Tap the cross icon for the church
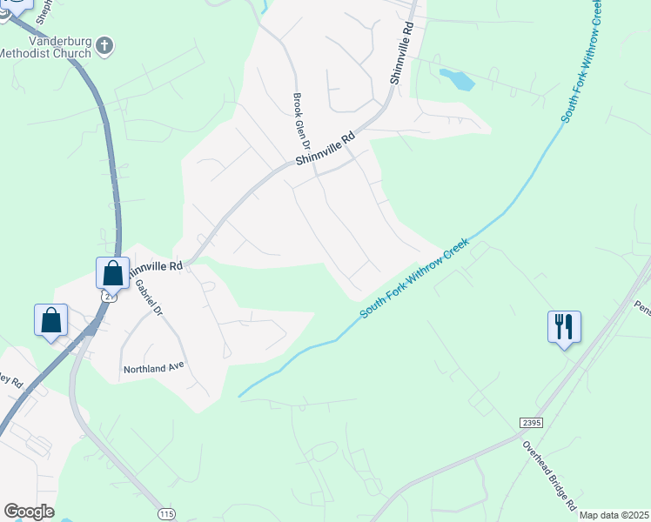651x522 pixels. (x=104, y=45)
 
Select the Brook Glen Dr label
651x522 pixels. (x=300, y=121)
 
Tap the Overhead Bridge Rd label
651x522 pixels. (x=550, y=474)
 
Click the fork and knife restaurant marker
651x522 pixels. (x=563, y=327)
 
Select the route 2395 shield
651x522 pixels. (x=530, y=422)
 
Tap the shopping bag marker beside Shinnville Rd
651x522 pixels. (x=113, y=272)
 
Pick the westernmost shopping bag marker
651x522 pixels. (x=51, y=319)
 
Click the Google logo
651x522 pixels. (x=29, y=512)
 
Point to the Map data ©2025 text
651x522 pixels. (x=614, y=515)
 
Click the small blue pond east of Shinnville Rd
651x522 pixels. (x=457, y=79)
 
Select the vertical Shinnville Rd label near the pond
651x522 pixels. (x=401, y=55)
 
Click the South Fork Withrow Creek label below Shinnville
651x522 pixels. (x=414, y=279)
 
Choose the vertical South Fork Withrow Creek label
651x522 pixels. (x=582, y=61)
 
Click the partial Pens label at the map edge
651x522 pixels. (x=642, y=308)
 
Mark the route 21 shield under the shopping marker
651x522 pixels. (x=108, y=296)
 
